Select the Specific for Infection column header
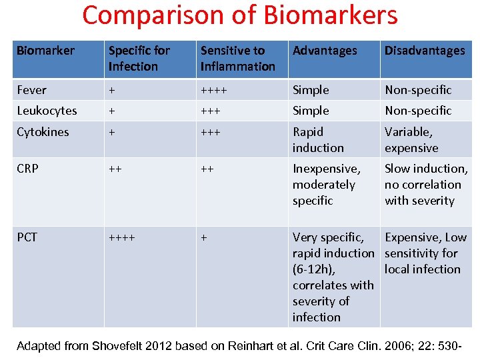coord(139,59)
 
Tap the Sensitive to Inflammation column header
coord(238,59)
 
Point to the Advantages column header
coord(325,51)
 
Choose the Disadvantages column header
coord(425,51)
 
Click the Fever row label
coord(31,89)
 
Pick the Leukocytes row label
coord(47,111)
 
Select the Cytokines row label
coord(43,132)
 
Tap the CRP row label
coord(27,169)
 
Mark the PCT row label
coord(27,237)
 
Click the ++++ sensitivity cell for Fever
coord(213,89)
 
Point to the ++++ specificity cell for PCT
coord(121,237)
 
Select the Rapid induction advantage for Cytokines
coord(318,140)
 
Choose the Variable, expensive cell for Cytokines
coord(411,140)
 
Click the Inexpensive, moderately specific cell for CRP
coord(326,185)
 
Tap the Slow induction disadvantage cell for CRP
coord(425,185)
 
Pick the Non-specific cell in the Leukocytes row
coord(418,111)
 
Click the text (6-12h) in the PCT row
coord(313,269)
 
